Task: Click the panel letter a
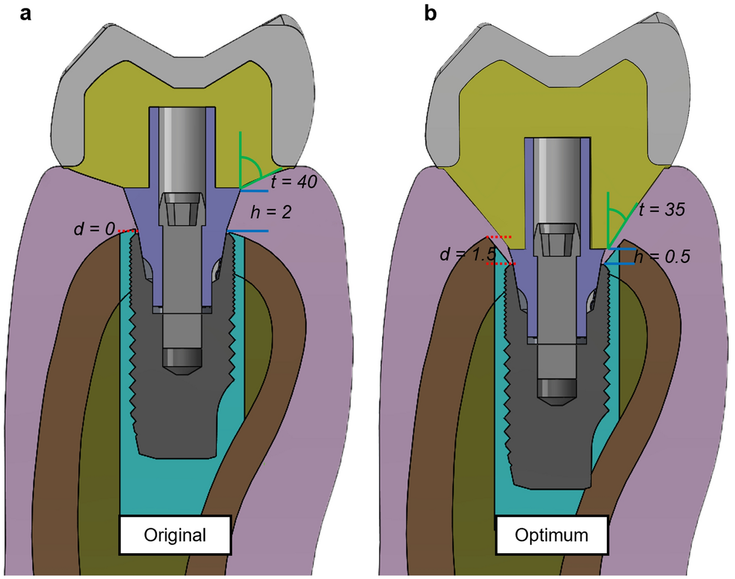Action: click(25, 13)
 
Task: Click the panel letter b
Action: click(430, 13)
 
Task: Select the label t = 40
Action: click(294, 182)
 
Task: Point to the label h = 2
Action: click(271, 212)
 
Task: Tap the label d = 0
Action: click(94, 229)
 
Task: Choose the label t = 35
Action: click(661, 209)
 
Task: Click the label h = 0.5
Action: click(661, 256)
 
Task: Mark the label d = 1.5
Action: click(467, 254)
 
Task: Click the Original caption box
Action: click(175, 535)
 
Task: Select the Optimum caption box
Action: click(551, 535)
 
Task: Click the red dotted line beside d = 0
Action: click(129, 232)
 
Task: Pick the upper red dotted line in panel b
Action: click(499, 237)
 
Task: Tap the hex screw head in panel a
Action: click(182, 209)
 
